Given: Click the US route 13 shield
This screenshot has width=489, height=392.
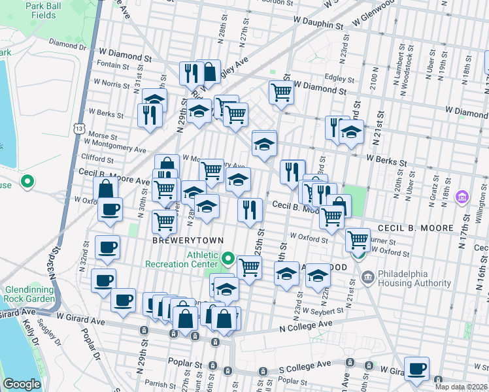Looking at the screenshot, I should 79,129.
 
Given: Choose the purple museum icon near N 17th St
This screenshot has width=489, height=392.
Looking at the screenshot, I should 462,197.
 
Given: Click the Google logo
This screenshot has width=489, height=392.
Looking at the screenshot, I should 22,384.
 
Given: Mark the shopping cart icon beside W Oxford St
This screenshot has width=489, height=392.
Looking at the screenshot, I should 357,240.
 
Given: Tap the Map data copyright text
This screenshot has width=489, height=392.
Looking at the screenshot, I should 462,387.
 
